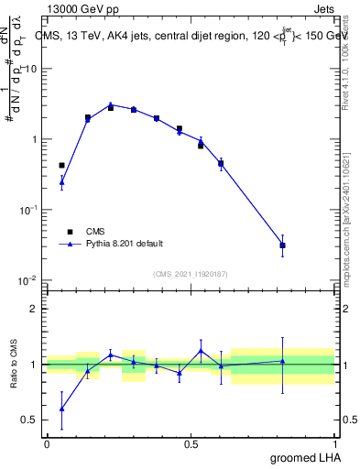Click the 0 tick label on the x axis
46,443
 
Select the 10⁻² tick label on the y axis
28,280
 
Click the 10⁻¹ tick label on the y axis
28,210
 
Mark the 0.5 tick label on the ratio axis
30,420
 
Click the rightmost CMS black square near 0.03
283,245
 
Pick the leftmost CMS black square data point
61,165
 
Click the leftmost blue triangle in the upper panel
61,183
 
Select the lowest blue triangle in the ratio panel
61,409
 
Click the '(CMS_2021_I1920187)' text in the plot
190,274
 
